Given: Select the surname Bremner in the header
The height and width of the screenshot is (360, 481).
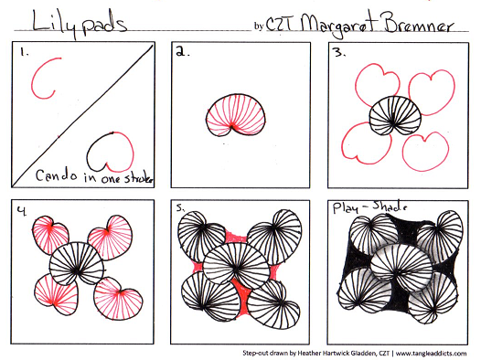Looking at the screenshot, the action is point(419,23).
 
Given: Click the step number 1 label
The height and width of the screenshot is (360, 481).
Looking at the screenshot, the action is point(24,52).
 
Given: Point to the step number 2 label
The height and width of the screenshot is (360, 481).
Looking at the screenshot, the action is point(183,52).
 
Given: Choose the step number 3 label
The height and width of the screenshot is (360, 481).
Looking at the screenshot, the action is point(340,53).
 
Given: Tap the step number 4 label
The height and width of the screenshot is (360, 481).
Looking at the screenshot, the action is point(21,210).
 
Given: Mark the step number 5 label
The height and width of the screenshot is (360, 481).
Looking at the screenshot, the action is point(180,208).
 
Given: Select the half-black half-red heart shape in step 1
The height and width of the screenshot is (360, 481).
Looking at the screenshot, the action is point(111,152).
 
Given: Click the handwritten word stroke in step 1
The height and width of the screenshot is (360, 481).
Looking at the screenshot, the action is point(138,177).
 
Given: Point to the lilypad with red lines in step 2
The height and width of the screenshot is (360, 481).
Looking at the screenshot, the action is point(236,115).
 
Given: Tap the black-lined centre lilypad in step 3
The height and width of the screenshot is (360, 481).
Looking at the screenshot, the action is point(395,115).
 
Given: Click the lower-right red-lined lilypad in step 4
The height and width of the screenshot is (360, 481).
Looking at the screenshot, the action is point(118,299).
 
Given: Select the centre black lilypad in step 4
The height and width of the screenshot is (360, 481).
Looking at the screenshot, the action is point(77,263).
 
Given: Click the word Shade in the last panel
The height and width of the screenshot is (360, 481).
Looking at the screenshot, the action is point(390,207).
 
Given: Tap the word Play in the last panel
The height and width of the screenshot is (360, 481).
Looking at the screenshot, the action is point(346,208).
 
